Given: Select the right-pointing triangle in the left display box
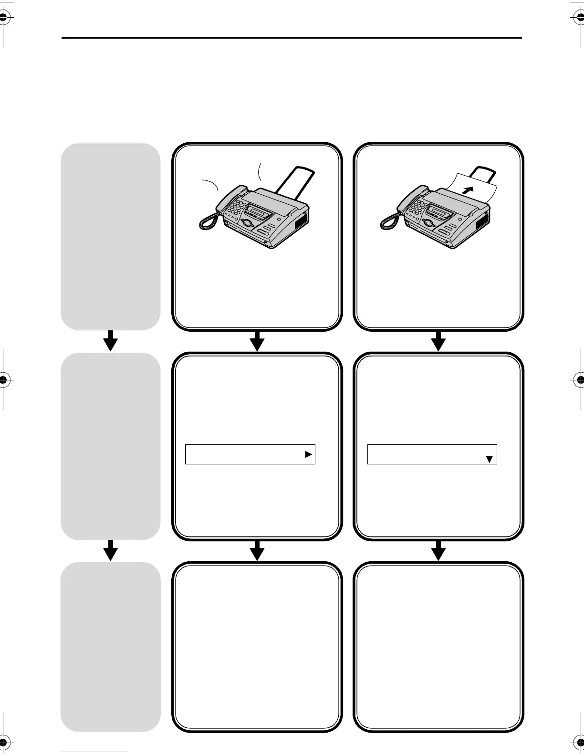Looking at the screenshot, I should (x=309, y=455).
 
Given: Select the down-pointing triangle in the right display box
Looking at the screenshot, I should (x=489, y=459).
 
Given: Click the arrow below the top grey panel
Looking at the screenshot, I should (x=111, y=340).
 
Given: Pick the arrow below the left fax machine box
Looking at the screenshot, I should (x=257, y=340).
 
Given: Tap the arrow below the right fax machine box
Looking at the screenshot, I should (x=438, y=340).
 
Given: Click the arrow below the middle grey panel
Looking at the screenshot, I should (x=111, y=550).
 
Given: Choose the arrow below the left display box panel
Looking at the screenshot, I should (x=257, y=550).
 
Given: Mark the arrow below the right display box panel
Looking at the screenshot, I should (x=438, y=550).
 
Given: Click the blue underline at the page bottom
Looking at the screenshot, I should (x=94, y=752).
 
